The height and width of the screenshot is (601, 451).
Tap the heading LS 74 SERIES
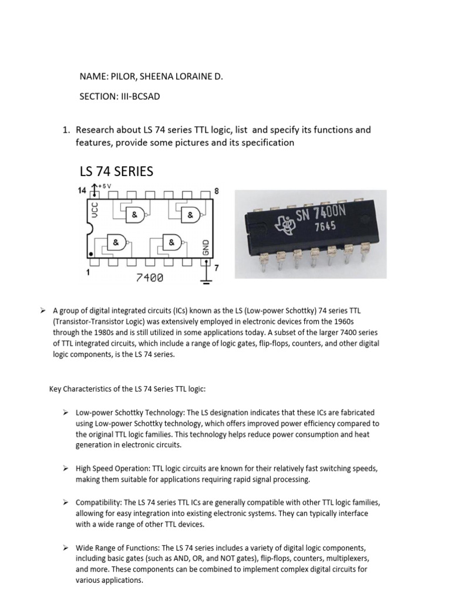pos(116,171)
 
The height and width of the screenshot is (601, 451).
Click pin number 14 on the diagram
pos(83,190)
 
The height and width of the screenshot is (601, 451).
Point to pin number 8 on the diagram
pos(217,191)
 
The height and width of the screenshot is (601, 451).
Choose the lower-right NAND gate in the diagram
pos(171,242)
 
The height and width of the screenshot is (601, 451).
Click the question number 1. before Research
pos(67,130)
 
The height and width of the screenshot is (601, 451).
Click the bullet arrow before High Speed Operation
pos(66,468)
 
